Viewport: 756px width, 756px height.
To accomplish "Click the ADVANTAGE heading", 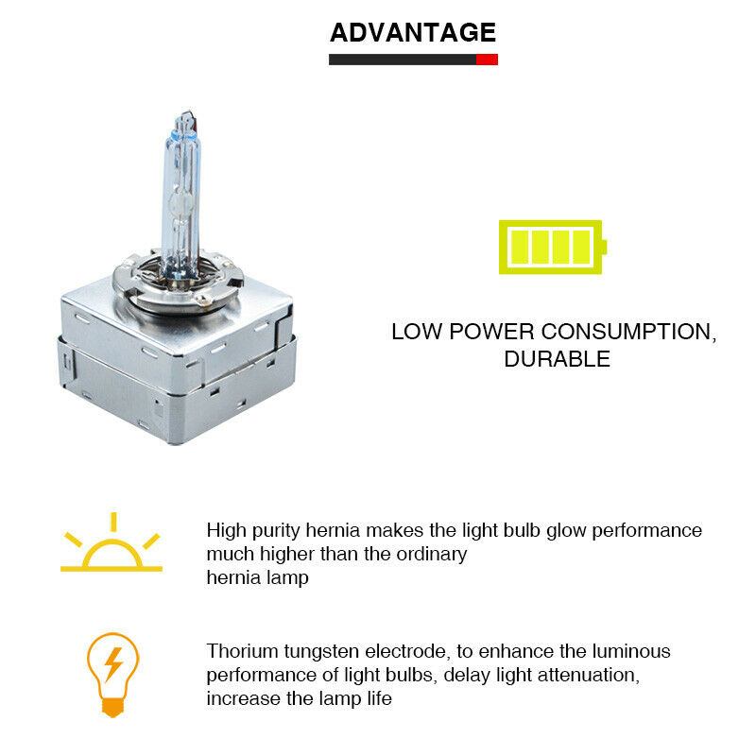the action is [413, 33].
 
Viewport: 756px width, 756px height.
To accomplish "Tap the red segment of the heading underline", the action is [487, 60].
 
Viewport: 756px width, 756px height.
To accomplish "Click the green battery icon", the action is [553, 248].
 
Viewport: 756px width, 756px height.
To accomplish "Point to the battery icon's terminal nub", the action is [605, 248].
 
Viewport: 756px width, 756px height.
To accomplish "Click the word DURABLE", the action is [557, 359].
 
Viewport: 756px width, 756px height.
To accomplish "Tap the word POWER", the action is [491, 332].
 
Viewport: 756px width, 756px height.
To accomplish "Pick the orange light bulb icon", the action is [112, 675].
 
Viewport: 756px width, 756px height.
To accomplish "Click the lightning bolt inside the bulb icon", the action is [113, 664].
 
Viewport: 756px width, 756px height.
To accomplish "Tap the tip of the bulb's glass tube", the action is [186, 112].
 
